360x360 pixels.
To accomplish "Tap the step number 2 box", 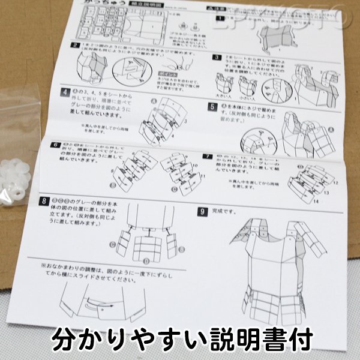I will coord(76,45).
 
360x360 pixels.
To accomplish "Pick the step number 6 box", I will coord(55,145).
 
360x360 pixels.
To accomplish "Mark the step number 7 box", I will coord(205,157).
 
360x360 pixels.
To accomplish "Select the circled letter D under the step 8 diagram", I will coord(146,262).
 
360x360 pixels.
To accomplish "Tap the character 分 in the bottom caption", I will coord(65,339).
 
